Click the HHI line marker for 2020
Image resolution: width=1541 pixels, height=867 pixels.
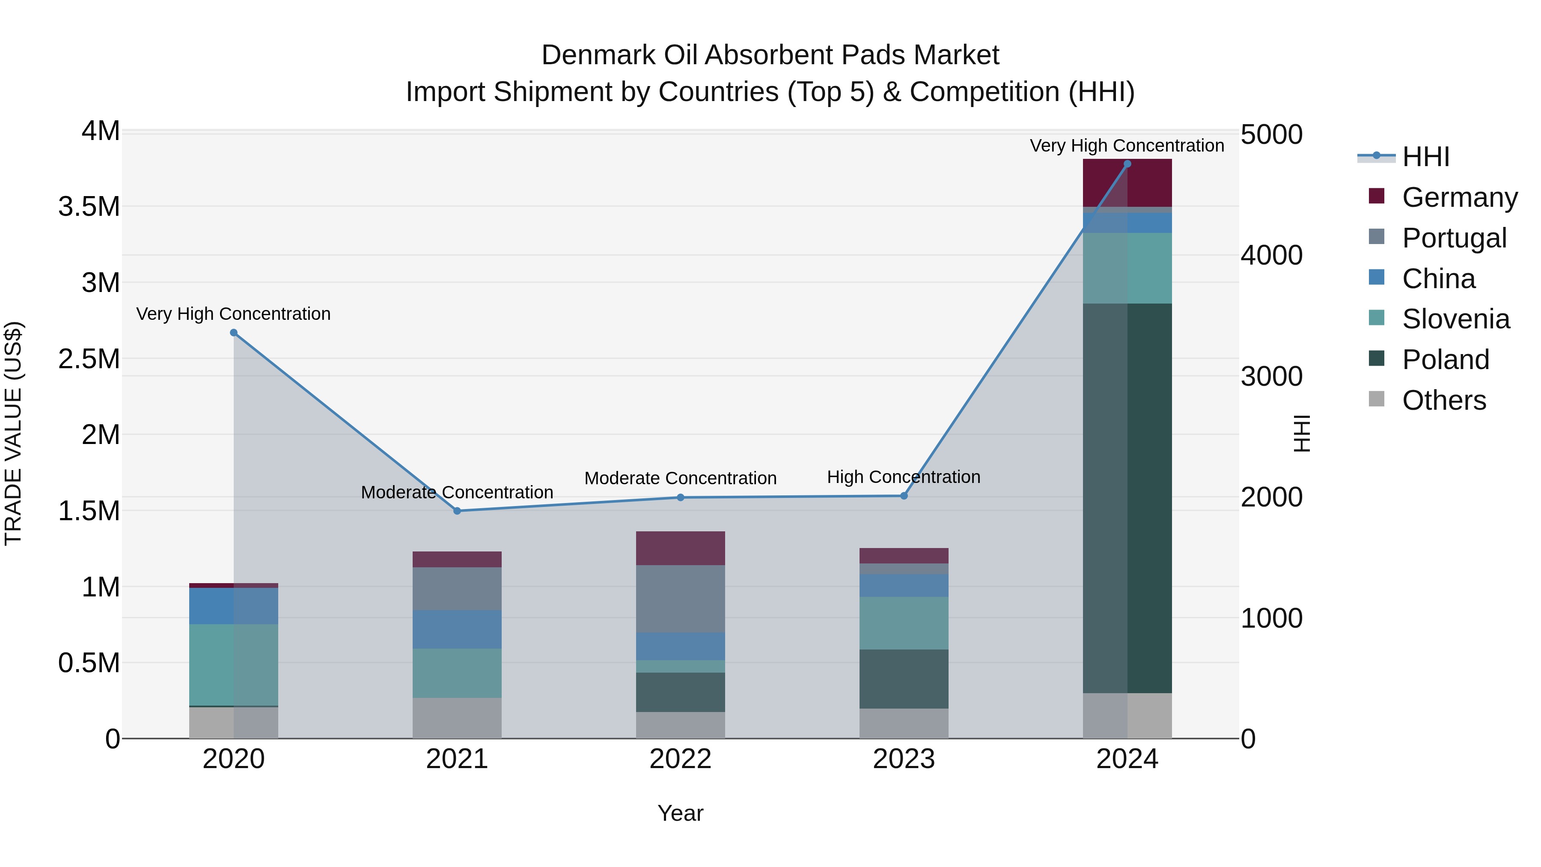pos(234,333)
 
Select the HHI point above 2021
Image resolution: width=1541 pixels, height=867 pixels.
pos(457,511)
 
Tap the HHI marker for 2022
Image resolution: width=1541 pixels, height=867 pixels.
pos(680,497)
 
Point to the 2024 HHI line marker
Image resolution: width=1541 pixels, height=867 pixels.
pos(1127,164)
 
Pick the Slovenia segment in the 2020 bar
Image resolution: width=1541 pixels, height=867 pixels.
pos(234,664)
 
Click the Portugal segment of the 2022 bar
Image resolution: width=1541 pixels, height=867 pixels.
pos(680,599)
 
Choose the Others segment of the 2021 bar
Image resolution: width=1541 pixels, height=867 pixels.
pos(457,718)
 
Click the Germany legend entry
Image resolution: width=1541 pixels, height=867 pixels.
pos(1459,197)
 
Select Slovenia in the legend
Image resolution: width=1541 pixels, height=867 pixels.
pos(1455,319)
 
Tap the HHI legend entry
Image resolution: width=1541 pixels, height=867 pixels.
pos(1425,157)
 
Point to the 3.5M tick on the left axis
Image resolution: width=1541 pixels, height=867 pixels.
pos(89,206)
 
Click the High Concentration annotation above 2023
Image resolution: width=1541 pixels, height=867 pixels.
pos(903,477)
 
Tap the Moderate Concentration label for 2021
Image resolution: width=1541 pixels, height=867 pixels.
pos(457,492)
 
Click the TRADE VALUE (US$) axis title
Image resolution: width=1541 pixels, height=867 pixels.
pos(13,433)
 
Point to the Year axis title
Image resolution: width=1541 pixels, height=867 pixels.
pos(680,813)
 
